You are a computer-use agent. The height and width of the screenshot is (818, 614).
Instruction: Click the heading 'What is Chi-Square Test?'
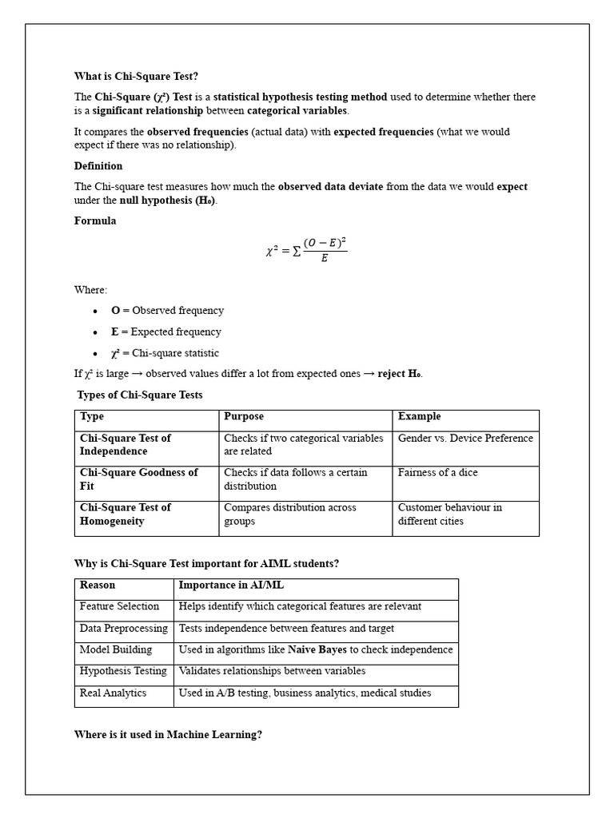click(136, 76)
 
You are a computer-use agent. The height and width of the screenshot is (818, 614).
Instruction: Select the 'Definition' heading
click(98, 166)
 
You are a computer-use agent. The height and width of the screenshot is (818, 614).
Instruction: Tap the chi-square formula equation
click(306, 250)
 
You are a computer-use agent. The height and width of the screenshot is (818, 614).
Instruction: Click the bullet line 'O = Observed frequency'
click(167, 311)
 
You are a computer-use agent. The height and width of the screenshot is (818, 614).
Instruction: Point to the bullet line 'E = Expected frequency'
click(166, 332)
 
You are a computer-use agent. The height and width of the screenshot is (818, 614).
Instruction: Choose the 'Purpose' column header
click(244, 417)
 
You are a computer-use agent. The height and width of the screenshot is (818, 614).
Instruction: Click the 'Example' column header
click(419, 417)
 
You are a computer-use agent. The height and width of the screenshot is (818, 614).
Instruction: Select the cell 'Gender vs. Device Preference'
click(464, 439)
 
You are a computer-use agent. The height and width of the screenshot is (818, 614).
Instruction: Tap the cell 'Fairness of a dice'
click(437, 473)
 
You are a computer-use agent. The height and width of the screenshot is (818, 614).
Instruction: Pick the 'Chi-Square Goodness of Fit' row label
click(138, 479)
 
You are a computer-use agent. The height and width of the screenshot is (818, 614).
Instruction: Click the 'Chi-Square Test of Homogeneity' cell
click(126, 514)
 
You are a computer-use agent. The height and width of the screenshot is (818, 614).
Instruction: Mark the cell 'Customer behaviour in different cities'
click(449, 514)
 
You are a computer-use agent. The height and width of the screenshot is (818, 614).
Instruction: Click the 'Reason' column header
click(98, 586)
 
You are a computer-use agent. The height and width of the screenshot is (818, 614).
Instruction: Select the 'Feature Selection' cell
click(119, 607)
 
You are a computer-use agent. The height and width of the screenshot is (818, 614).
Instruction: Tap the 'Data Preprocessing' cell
click(124, 629)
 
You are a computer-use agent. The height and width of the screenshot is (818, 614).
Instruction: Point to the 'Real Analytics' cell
click(113, 693)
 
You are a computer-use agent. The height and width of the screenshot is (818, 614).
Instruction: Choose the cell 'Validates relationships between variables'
click(272, 672)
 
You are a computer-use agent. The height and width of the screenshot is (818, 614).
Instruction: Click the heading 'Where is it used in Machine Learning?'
click(168, 735)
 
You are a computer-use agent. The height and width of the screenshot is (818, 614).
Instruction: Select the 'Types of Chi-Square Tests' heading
click(140, 395)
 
